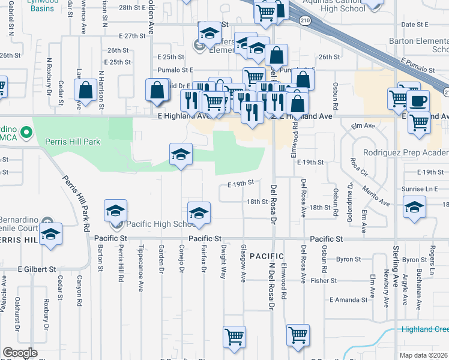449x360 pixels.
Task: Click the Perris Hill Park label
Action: [x=73, y=142]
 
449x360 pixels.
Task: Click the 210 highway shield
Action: [x=306, y=20]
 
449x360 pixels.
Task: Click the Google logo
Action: [x=20, y=353]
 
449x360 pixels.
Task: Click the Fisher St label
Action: [x=324, y=280]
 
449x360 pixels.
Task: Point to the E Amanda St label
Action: [x=348, y=299]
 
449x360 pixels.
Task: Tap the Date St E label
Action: [x=414, y=25]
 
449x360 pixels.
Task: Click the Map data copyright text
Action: [x=423, y=355]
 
